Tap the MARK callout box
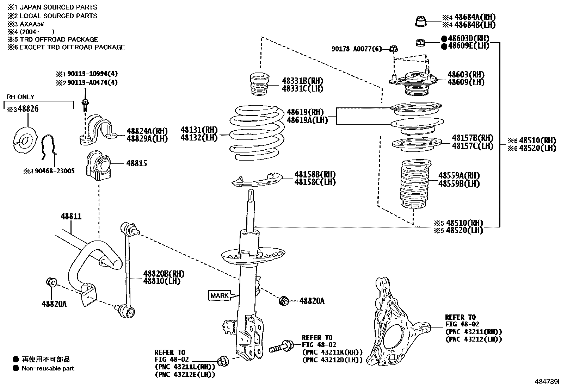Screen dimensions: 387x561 click(x=220, y=295)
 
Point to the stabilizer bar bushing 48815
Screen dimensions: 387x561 click(x=98, y=166)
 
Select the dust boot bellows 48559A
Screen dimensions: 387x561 click(x=415, y=185)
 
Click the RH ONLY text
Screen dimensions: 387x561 click(x=21, y=97)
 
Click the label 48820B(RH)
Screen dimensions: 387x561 click(x=164, y=274)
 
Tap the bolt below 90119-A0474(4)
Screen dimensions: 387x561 click(x=85, y=105)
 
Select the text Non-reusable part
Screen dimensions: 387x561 click(x=48, y=368)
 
